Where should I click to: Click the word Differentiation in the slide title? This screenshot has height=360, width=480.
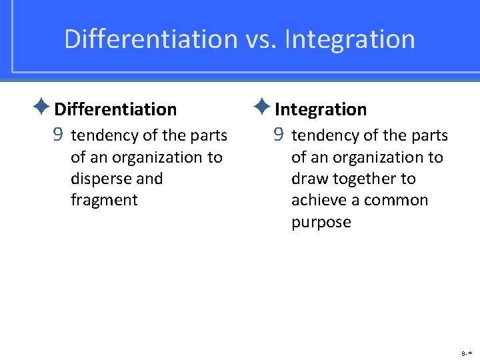(x=151, y=39)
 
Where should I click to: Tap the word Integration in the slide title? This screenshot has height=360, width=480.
(x=349, y=39)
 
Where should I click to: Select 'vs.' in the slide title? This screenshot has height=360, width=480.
(x=261, y=39)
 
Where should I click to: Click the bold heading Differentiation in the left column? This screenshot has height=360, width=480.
(x=115, y=109)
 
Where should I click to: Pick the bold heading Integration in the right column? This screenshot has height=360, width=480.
(x=321, y=109)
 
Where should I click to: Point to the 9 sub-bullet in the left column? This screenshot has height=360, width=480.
(x=58, y=135)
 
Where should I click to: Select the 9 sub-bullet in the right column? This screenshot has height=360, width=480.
(x=279, y=135)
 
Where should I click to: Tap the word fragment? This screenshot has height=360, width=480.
(x=104, y=201)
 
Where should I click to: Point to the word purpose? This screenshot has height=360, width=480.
(x=321, y=223)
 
